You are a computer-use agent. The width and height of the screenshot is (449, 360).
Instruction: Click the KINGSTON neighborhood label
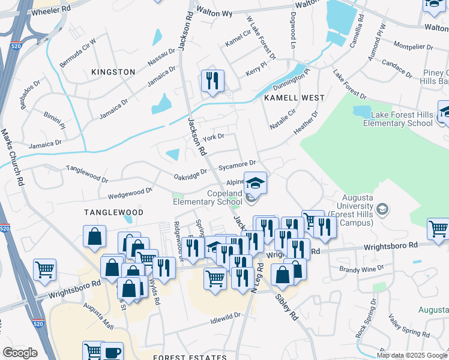[x=113, y=72]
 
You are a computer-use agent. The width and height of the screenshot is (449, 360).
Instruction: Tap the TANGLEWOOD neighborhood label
[x=113, y=212]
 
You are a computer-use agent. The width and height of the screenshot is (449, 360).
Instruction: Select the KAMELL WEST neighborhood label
[x=294, y=98]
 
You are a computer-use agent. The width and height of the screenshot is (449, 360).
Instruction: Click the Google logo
[x=20, y=353]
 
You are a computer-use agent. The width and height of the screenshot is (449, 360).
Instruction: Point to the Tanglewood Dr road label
[x=87, y=175]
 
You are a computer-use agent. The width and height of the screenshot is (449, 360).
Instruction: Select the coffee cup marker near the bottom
[x=112, y=351]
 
